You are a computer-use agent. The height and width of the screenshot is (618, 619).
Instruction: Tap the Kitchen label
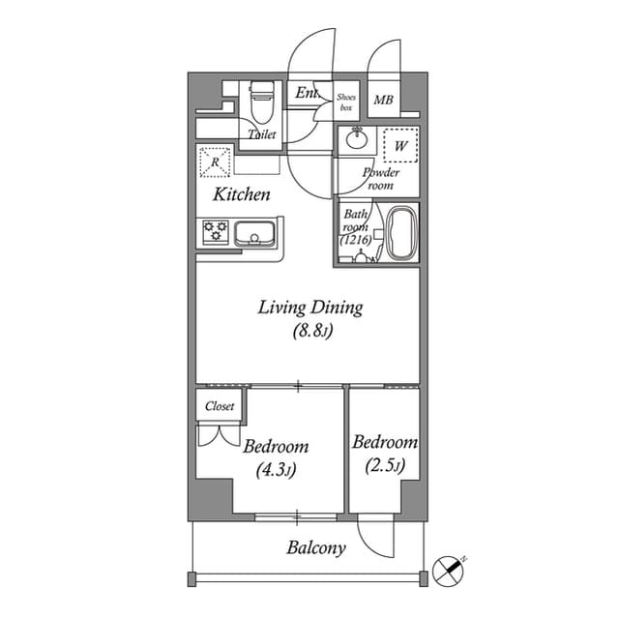[x=242, y=194]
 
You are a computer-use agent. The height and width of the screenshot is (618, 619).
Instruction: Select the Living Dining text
[x=309, y=309]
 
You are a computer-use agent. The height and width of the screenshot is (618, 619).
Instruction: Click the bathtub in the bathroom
[x=400, y=234]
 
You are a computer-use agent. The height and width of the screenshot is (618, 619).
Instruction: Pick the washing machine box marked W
[x=400, y=145]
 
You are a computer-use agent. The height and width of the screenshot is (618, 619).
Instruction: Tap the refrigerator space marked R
[x=214, y=162]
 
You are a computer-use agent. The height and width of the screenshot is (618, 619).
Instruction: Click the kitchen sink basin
[x=255, y=233]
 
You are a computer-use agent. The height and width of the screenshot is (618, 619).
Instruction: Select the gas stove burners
[x=215, y=232]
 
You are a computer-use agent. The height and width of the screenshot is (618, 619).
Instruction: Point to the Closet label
[x=220, y=407]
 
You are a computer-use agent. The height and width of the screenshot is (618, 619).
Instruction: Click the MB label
[x=384, y=100]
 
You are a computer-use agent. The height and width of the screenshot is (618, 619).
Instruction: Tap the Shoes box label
[x=346, y=102]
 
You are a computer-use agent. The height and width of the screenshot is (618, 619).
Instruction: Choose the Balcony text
[x=316, y=548]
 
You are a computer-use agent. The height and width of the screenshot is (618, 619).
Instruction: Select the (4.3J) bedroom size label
[x=276, y=471]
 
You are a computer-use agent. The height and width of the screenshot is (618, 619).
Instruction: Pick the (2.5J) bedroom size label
[x=384, y=466]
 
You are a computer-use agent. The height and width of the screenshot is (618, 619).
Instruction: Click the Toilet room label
[x=262, y=135]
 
